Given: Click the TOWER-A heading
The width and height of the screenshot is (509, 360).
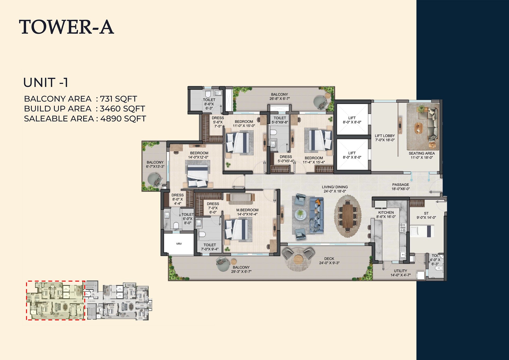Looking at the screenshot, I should [66, 27].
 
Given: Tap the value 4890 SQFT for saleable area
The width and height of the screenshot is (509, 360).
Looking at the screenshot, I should [123, 119].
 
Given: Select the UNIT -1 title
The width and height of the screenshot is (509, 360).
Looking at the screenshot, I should [46, 83].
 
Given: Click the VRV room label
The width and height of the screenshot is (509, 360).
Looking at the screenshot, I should [179, 244].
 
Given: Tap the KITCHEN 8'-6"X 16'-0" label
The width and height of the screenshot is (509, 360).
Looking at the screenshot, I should [386, 215].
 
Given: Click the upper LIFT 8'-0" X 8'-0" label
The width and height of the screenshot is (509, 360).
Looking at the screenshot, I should [352, 120].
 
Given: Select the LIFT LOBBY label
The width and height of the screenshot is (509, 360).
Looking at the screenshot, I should [385, 138].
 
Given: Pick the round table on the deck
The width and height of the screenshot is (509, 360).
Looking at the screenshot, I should [298, 259].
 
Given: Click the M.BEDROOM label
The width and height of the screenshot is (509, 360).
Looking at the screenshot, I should [247, 212].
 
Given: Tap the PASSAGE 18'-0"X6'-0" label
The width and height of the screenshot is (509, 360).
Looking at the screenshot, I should [401, 187].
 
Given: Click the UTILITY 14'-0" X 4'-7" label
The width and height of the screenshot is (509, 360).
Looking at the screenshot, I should [401, 273].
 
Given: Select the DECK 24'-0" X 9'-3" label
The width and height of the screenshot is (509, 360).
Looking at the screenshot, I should [329, 261].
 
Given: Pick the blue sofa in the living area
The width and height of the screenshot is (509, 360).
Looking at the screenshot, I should [316, 215].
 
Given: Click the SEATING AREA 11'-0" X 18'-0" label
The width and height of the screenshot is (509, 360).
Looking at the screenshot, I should [422, 155].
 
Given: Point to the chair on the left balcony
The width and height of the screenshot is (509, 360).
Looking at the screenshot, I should [155, 179].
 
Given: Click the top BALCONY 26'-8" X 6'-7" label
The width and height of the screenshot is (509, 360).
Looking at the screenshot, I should [279, 96].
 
